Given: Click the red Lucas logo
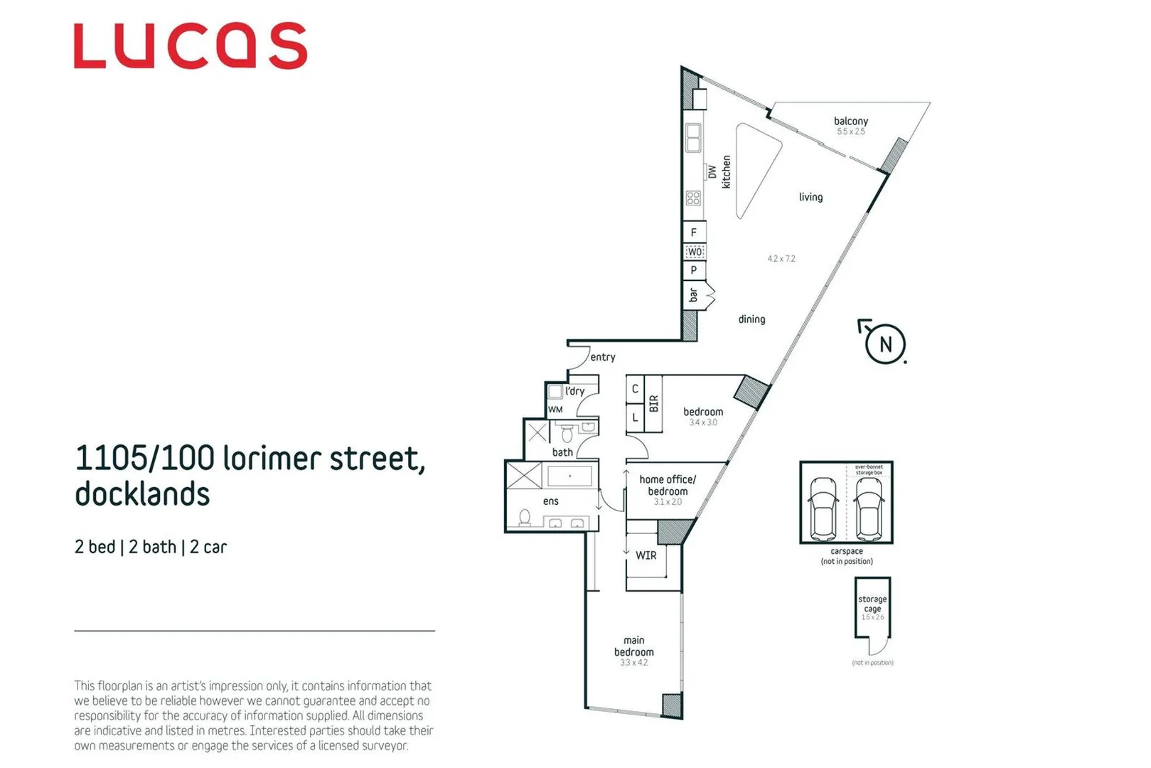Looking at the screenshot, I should coord(190,46).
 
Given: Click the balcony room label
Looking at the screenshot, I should coord(850,122).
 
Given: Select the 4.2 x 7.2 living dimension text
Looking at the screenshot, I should coord(781,259).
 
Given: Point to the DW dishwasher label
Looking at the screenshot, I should coord(712,171).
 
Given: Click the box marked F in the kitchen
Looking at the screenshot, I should coord(694,233).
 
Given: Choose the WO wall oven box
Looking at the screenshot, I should coord(694,252).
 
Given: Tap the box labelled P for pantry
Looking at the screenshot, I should coord(694,270).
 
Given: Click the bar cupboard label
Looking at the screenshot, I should coord(693,294).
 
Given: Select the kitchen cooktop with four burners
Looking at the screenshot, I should coord(693,198).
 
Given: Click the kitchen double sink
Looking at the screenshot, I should coord(693,138).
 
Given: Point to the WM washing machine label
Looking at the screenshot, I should coord(555,410).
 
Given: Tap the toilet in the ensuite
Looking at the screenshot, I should coord(525,517).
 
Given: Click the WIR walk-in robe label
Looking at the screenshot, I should coord(646,555).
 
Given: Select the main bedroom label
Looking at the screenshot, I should coord(633,646).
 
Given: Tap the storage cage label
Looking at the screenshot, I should coord(872,604).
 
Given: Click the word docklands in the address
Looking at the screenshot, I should coord(142,494).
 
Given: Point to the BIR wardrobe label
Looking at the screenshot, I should coord(653,404).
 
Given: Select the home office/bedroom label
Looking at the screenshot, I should coord(667,485).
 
